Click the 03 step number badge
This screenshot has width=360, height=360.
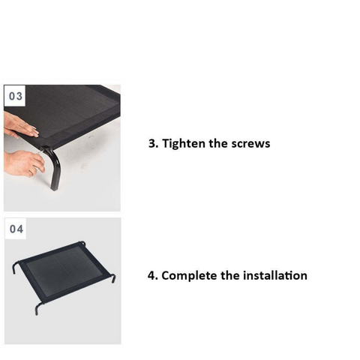click(15, 96)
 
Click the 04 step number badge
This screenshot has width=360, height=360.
click(16, 229)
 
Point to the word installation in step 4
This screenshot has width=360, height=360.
click(275, 276)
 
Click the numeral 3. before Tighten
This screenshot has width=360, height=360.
click(154, 143)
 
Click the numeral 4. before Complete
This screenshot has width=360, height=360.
click(153, 276)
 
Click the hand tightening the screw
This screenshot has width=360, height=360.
click(24, 163)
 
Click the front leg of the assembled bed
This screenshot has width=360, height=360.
click(38, 309)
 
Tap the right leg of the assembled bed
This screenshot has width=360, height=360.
click(112, 277)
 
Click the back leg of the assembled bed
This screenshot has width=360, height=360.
click(82, 243)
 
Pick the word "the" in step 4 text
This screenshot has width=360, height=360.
click(230, 276)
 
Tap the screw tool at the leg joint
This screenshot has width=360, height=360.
click(41, 151)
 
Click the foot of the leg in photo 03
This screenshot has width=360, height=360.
click(54, 187)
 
